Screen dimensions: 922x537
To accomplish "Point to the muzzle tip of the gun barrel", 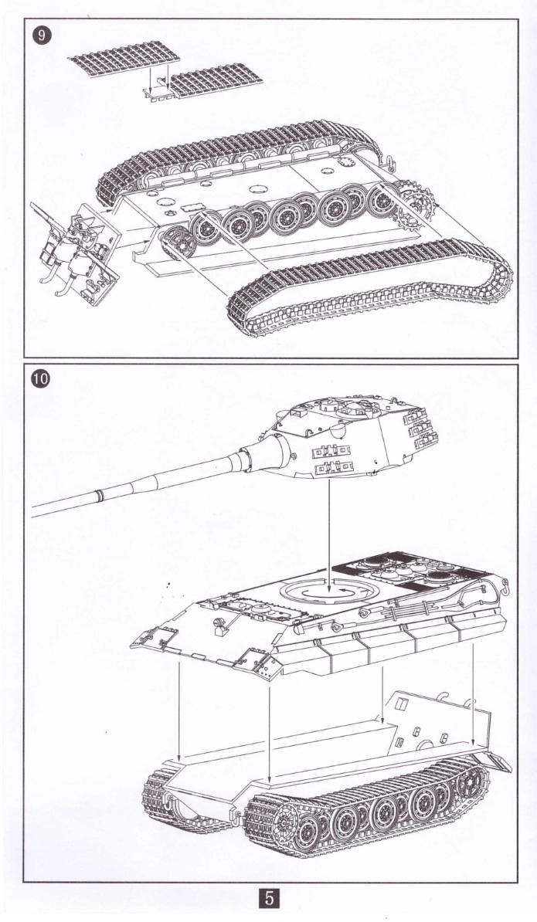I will [35, 511].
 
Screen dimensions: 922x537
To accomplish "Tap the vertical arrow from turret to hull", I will [330, 533].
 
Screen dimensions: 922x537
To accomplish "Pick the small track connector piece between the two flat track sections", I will [158, 89].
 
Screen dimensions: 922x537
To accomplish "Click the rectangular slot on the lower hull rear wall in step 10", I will [401, 703].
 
